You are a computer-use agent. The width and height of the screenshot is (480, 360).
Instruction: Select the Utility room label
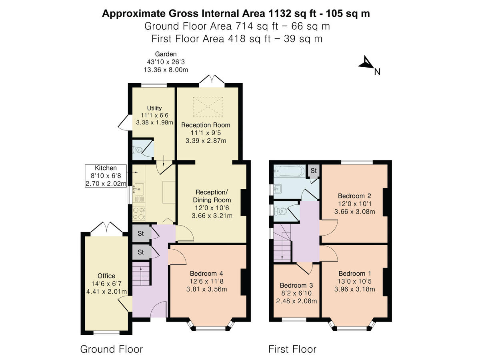pyautogui.click(x=154, y=108)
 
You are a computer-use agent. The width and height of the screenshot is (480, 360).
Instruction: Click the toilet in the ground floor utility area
pyautogui.click(x=137, y=150)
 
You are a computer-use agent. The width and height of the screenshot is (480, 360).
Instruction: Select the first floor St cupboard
pyautogui.click(x=314, y=170)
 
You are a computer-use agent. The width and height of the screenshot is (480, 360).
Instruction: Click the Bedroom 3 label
pyautogui.click(x=296, y=286)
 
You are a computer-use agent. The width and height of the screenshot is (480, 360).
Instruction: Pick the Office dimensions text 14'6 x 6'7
pyautogui.click(x=106, y=283)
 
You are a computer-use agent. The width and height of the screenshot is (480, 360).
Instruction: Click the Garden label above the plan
pyautogui.click(x=166, y=54)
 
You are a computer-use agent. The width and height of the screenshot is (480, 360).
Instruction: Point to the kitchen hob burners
pyautogui.click(x=138, y=212)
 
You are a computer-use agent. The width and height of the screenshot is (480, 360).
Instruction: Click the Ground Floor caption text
pyautogui.click(x=111, y=349)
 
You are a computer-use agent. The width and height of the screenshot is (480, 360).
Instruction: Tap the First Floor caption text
pyautogui.click(x=292, y=349)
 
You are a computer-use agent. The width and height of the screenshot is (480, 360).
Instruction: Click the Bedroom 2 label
pyautogui.click(x=354, y=196)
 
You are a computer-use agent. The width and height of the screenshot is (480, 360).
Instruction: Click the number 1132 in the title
pyautogui.click(x=278, y=14)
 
